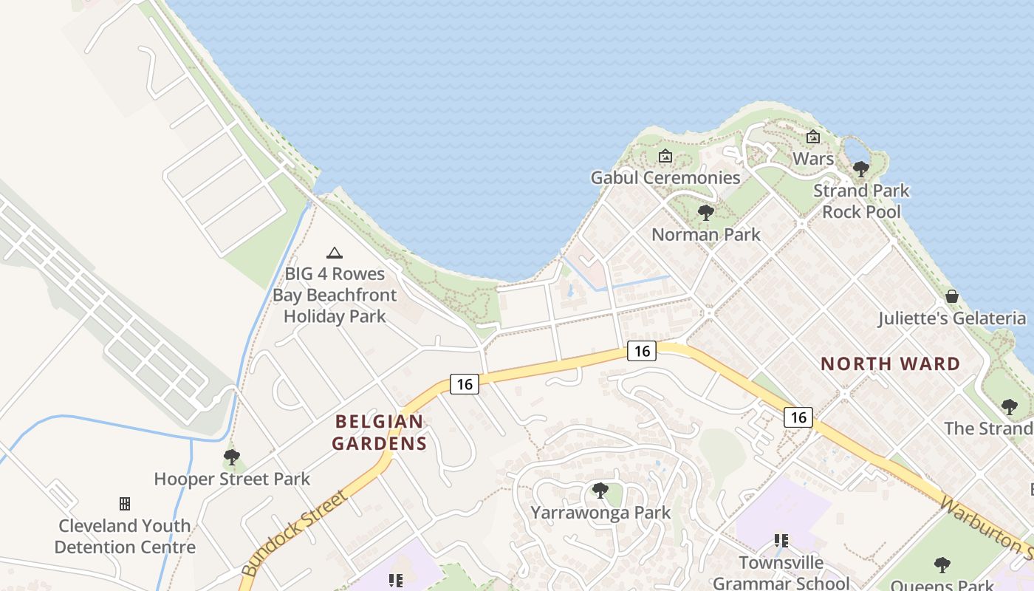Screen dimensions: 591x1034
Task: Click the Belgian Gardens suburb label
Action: tap(380, 432)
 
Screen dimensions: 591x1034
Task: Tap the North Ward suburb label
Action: tap(890, 363)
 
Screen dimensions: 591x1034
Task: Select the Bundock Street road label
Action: tap(294, 533)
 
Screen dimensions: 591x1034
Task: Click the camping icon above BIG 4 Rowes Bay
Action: tap(335, 253)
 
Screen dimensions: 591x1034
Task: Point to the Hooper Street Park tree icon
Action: tap(232, 457)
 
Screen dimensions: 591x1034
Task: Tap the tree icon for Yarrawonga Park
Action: tap(600, 490)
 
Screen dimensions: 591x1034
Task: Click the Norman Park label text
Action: tap(705, 235)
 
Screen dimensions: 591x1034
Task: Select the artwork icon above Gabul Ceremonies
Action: tap(665, 156)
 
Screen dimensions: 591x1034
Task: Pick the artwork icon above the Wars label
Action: tap(813, 137)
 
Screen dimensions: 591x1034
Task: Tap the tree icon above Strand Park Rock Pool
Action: tap(860, 169)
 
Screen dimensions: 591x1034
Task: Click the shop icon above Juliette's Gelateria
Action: tap(952, 296)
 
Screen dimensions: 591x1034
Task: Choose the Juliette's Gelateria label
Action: tap(951, 318)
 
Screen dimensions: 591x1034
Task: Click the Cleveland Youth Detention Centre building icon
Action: tap(125, 504)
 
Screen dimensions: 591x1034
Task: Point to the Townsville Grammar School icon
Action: tap(781, 541)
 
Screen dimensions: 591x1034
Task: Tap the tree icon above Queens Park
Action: tap(942, 565)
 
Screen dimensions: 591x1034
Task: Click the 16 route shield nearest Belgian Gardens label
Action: tap(464, 384)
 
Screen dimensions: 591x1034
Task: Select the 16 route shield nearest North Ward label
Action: tap(798, 417)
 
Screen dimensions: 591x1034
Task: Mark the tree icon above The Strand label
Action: tap(1009, 406)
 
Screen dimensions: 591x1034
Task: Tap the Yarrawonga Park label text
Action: tap(600, 512)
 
